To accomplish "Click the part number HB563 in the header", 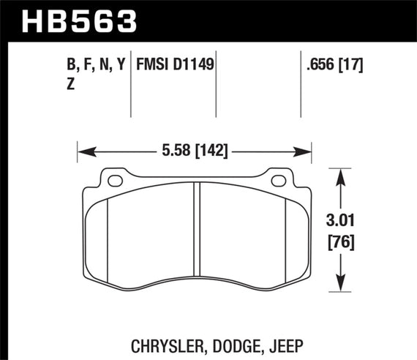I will pos(81,20).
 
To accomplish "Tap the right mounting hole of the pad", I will pos(278,179).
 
